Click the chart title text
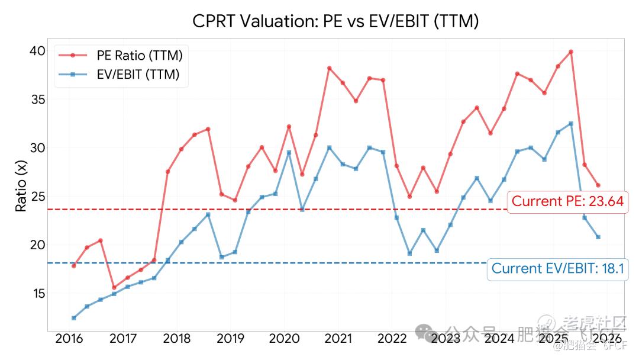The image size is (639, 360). (x=335, y=21)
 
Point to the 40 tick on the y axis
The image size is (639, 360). (x=37, y=50)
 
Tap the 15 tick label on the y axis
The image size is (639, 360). (x=37, y=293)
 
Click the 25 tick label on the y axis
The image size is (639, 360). (x=37, y=196)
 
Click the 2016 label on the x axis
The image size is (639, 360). (x=69, y=339)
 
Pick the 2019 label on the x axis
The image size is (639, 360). (x=230, y=339)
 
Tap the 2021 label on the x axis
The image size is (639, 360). (x=338, y=339)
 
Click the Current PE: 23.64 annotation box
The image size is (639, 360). (x=567, y=201)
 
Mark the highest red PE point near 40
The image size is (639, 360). (x=571, y=52)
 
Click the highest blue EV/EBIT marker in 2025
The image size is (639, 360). (x=571, y=124)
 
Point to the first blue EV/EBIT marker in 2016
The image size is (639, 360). (x=73, y=318)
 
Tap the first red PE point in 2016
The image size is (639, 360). (x=73, y=266)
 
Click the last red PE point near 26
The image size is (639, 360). (x=598, y=185)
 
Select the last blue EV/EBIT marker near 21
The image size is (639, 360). (x=598, y=237)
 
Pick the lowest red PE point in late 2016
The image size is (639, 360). (x=114, y=288)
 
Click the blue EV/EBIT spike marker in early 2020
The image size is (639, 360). (x=289, y=153)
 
